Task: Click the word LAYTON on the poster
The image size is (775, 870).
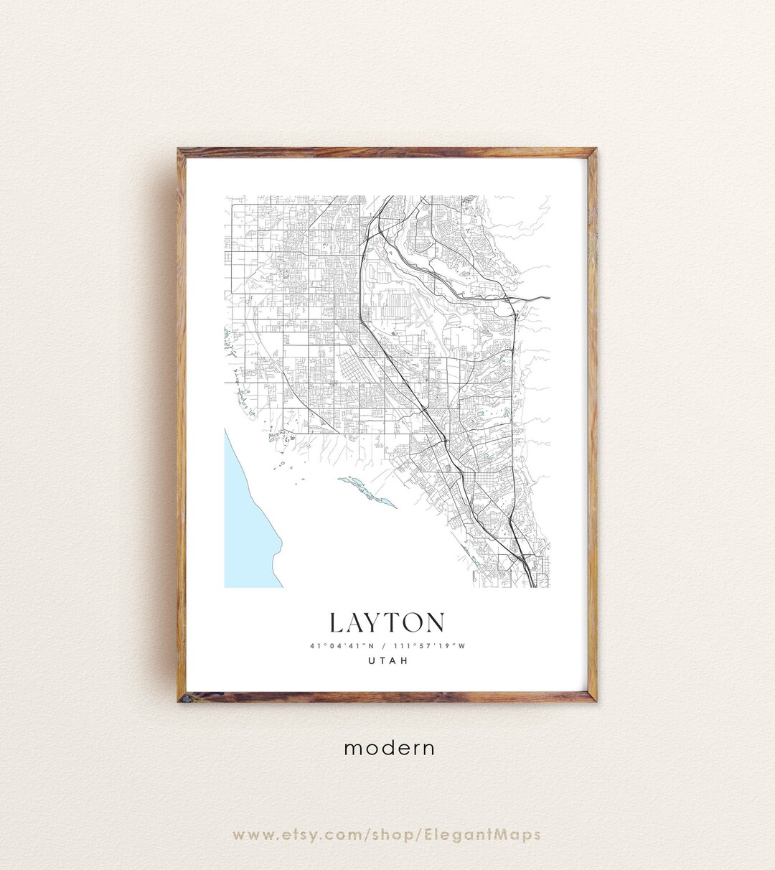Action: (x=387, y=622)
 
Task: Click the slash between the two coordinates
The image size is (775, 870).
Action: (x=387, y=645)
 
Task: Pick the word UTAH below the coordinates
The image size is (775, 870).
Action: (x=387, y=661)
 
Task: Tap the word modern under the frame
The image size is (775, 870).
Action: (x=389, y=748)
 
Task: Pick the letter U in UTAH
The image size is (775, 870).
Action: (x=371, y=661)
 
